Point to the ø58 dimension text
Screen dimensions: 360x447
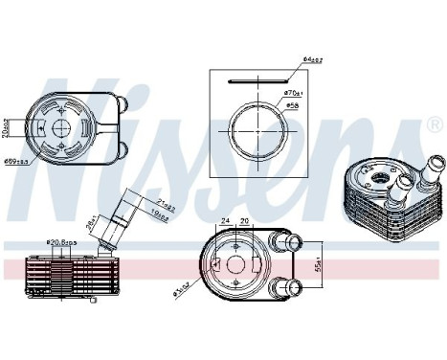tap(290, 104)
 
